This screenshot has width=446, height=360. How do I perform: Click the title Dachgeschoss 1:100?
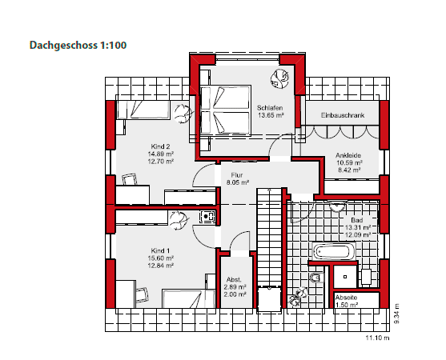78,45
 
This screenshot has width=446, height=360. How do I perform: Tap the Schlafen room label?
270,108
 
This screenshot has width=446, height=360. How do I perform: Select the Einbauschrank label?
343,115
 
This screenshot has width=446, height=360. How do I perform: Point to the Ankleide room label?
348,155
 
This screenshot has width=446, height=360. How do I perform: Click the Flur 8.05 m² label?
238,178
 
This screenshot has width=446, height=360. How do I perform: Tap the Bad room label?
357,220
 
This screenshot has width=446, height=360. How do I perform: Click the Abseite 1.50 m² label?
347,301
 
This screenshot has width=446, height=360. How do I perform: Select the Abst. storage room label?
234,279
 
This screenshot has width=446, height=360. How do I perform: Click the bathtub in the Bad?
334,251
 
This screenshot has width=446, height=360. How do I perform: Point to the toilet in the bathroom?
316,278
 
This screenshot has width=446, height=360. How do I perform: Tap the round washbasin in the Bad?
338,206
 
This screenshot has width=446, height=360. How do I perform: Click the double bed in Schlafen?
226,110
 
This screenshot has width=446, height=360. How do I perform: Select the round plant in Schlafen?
279,78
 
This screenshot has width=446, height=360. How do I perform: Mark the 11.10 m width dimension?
377,338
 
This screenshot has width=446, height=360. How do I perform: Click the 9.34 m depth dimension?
396,314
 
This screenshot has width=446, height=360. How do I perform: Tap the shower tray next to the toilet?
345,277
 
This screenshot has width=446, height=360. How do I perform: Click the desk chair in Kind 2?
130,180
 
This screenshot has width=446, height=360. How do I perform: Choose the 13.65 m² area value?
271,115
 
